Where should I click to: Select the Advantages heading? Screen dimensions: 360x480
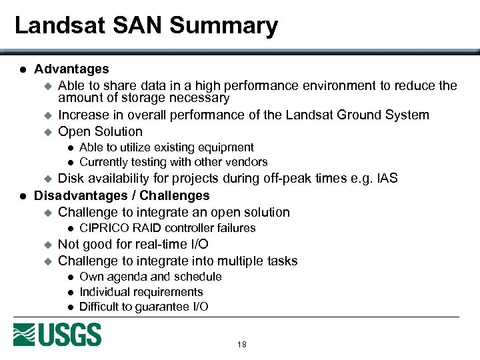click(71, 69)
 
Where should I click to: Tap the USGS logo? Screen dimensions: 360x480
click(57, 335)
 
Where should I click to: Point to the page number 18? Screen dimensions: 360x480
click(241, 345)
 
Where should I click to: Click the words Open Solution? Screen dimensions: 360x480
click(100, 131)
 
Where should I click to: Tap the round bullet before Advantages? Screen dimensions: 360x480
click(22, 69)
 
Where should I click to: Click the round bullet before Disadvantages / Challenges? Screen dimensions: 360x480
click(22, 196)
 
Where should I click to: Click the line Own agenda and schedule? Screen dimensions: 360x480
click(150, 277)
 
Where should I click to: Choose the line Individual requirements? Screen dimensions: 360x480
click(141, 292)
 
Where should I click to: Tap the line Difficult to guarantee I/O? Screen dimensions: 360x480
click(143, 307)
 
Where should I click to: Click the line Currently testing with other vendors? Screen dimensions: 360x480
click(173, 162)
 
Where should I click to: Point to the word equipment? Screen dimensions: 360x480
click(227, 147)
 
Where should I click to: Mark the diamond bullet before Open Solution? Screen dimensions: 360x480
click(47, 132)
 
